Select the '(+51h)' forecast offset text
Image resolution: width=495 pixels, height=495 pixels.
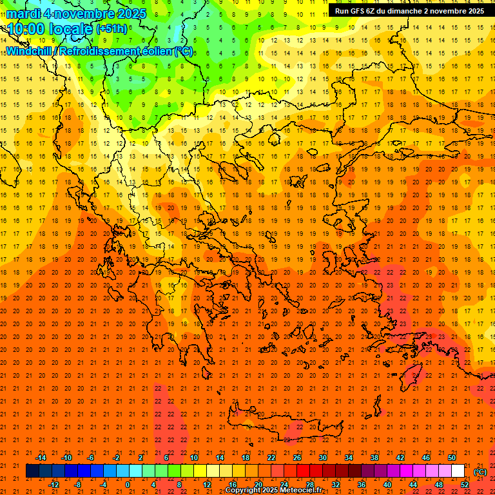click(112, 29)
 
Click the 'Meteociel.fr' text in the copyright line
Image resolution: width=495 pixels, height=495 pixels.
click(305, 490)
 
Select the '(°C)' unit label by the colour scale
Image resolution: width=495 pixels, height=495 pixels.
click(480, 472)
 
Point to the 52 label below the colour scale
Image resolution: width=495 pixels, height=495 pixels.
click(465, 485)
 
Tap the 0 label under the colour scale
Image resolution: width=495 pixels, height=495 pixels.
click(128, 485)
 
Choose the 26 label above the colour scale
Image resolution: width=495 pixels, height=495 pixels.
click(297, 458)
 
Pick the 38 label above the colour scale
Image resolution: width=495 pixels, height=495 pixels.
click(374, 458)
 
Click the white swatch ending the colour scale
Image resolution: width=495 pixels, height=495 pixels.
click(458, 471)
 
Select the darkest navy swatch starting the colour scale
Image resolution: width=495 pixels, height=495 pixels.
click(32, 471)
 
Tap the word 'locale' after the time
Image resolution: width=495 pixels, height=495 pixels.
click(70, 29)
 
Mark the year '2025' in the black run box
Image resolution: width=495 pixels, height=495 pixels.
click(474, 11)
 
